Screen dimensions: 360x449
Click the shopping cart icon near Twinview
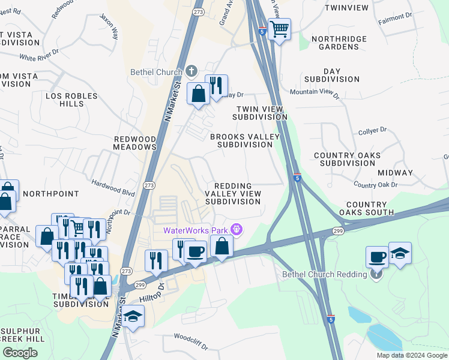pos(279,28)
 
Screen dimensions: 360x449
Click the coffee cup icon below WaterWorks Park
pos(196,251)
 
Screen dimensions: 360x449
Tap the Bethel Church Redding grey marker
pos(376,275)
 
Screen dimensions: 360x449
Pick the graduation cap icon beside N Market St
pos(133,316)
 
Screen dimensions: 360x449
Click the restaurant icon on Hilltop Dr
pos(156,260)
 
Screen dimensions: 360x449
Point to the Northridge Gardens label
pos(330,43)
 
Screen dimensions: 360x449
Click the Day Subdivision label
pos(332,75)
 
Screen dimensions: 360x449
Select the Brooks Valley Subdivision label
pos(245,140)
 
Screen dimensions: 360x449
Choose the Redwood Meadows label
pos(135,143)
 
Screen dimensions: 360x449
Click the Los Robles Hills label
pos(64,100)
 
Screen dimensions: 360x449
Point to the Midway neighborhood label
pos(395,173)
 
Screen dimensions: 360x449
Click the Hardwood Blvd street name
pos(113,188)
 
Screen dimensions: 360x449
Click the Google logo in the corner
pos(20,353)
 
